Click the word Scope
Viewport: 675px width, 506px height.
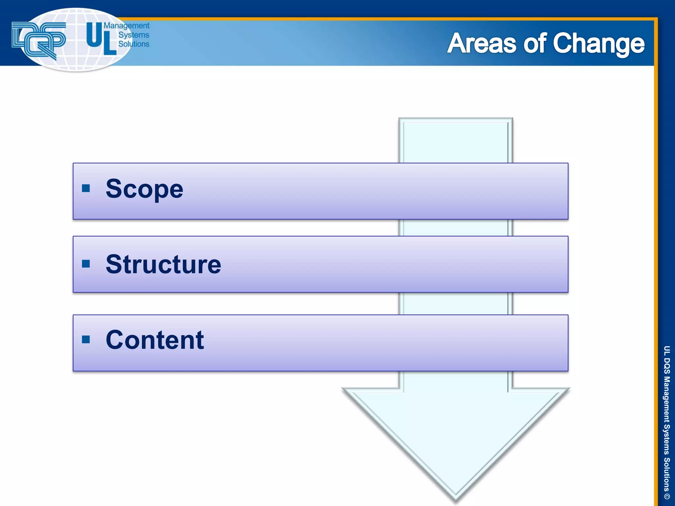click(x=144, y=189)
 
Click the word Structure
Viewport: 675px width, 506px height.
click(x=163, y=265)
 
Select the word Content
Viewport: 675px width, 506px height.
click(x=155, y=340)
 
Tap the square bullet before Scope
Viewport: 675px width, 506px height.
click(x=86, y=188)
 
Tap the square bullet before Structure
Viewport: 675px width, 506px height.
click(x=86, y=264)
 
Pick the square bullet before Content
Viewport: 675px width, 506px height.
click(x=86, y=339)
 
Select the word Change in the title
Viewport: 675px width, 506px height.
click(x=598, y=44)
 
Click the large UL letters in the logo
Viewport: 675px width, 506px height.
click(x=101, y=39)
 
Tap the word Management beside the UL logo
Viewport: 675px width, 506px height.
click(x=127, y=26)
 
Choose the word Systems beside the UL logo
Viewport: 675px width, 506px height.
click(x=133, y=35)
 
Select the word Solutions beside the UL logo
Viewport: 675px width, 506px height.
click(x=133, y=44)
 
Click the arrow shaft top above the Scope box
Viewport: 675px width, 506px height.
click(x=456, y=142)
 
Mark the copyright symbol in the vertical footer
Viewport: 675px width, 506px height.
click(x=666, y=496)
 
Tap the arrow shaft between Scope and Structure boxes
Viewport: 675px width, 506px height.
click(x=456, y=228)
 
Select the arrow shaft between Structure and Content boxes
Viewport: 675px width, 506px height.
click(x=456, y=303)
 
